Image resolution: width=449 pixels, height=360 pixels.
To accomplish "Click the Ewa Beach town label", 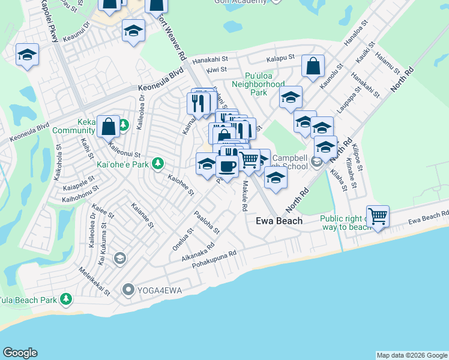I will tap(279, 221).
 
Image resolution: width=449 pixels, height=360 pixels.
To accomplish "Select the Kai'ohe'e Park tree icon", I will tap(157, 163).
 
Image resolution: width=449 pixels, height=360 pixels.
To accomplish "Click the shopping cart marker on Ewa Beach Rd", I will tap(378, 216).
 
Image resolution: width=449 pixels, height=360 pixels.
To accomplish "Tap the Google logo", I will tap(20, 353).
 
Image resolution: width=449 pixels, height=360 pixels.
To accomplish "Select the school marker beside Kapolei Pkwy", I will tap(27, 55).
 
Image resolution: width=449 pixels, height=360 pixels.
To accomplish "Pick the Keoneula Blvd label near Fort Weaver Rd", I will tap(160, 79).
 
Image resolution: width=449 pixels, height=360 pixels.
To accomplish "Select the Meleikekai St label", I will tap(95, 281).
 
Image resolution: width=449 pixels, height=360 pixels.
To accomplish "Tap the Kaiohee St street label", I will tap(181, 185).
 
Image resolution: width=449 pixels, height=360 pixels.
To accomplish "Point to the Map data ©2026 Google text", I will tap(412, 355).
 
